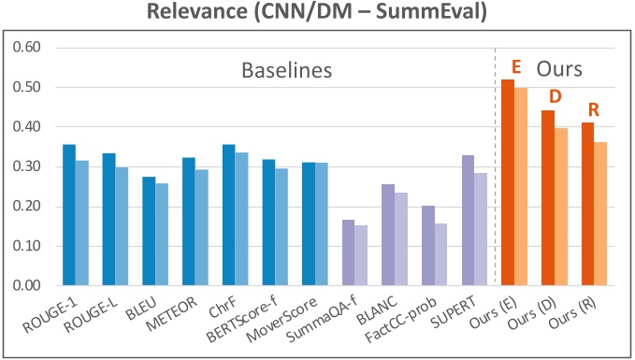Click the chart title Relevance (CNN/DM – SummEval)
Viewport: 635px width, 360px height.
(x=316, y=13)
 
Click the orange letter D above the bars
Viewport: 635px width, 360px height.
(x=553, y=97)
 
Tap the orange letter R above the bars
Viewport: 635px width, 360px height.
(x=593, y=109)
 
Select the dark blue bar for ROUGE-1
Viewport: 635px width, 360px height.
(x=68, y=215)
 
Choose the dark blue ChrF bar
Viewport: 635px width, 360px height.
(x=229, y=215)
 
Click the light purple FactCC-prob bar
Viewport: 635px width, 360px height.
(x=442, y=254)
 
